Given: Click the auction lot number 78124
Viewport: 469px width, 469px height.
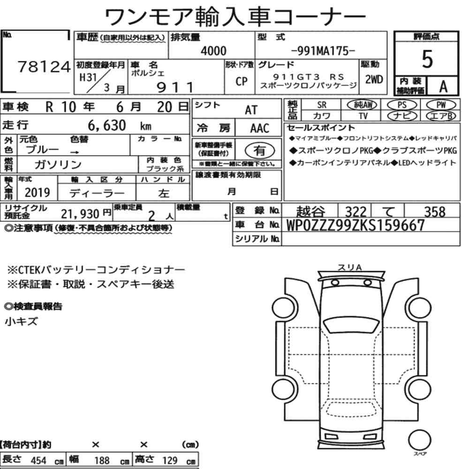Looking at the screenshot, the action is (44, 67).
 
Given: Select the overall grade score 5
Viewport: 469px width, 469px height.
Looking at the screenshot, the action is (427, 59).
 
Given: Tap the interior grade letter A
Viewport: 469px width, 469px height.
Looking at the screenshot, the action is (443, 86).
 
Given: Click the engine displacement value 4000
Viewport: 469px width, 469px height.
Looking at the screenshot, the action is (213, 51).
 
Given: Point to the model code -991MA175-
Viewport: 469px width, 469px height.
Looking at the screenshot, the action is (323, 51).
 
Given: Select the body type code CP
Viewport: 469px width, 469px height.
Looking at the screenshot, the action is (242, 81).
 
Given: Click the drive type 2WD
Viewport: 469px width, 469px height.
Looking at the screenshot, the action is (374, 79).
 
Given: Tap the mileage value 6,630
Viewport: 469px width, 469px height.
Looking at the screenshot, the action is (107, 125).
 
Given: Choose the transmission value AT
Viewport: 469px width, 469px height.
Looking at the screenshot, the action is (251, 110).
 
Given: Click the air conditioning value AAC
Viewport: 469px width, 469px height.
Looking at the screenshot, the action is (260, 129).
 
